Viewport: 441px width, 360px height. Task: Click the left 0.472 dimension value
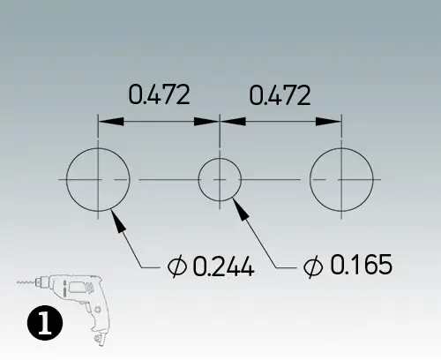click(160, 94)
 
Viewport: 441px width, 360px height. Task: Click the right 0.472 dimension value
click(280, 94)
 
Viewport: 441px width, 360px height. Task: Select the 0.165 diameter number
click(360, 264)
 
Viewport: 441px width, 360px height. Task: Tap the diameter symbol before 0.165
click(313, 264)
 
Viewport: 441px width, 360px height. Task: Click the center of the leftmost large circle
click(98, 179)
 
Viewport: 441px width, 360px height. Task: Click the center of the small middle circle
click(220, 179)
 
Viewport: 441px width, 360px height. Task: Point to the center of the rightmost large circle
click(340, 179)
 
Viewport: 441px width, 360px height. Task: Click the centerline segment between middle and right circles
click(274, 179)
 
